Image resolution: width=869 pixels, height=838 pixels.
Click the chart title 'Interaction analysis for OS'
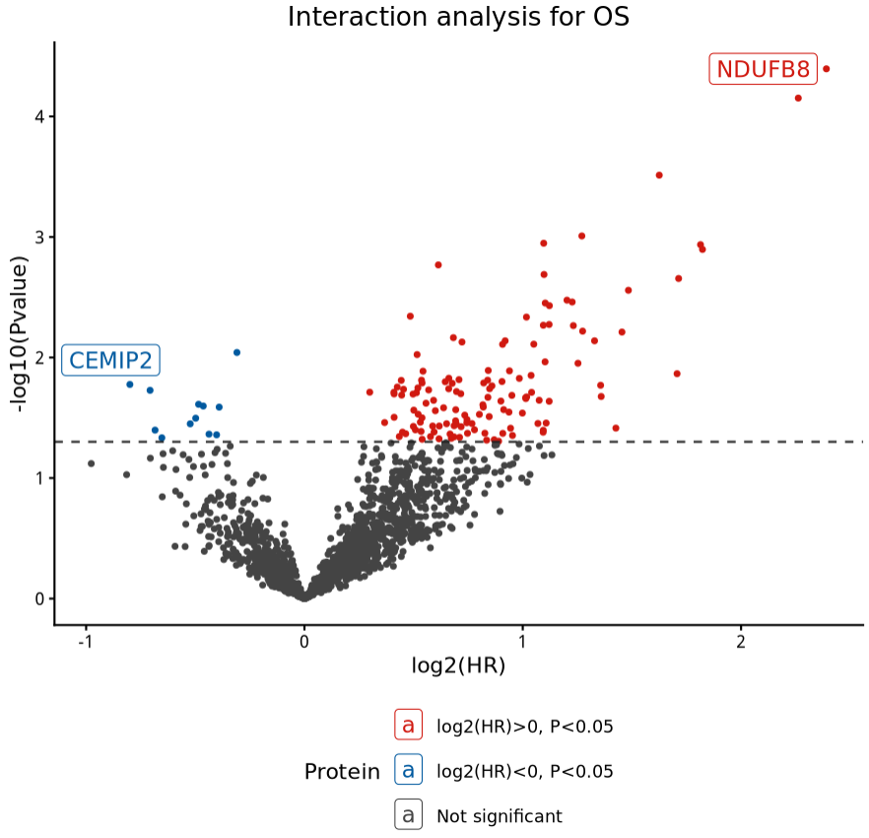(x=458, y=18)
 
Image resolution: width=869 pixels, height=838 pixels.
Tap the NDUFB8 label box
(x=763, y=70)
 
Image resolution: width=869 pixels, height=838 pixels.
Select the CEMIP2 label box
(x=110, y=361)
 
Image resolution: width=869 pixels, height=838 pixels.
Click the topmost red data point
(x=826, y=69)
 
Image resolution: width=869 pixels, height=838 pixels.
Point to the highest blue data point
(x=236, y=353)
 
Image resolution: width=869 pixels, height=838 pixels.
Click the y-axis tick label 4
(x=38, y=116)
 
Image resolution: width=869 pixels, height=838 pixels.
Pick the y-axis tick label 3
(x=38, y=238)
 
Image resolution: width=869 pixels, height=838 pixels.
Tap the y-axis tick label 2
(x=38, y=358)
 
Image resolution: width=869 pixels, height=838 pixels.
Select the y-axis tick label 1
(x=38, y=478)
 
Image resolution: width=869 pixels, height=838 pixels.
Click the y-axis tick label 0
(x=38, y=598)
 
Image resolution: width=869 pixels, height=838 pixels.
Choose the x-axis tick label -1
(x=86, y=641)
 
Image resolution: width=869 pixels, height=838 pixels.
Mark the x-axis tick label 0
(x=304, y=641)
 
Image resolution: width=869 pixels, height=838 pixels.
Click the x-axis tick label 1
(x=522, y=641)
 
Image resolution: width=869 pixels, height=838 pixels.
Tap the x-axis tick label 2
(x=741, y=641)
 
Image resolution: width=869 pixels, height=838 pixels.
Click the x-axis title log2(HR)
(x=458, y=666)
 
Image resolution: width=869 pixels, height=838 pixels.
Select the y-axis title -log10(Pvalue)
(x=17, y=333)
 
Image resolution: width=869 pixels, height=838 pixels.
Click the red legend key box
(x=408, y=726)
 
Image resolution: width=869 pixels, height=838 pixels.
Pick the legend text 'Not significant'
(x=499, y=816)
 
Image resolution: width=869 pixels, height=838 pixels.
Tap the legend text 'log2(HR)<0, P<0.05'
(x=524, y=771)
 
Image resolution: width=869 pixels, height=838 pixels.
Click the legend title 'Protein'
(x=342, y=772)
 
